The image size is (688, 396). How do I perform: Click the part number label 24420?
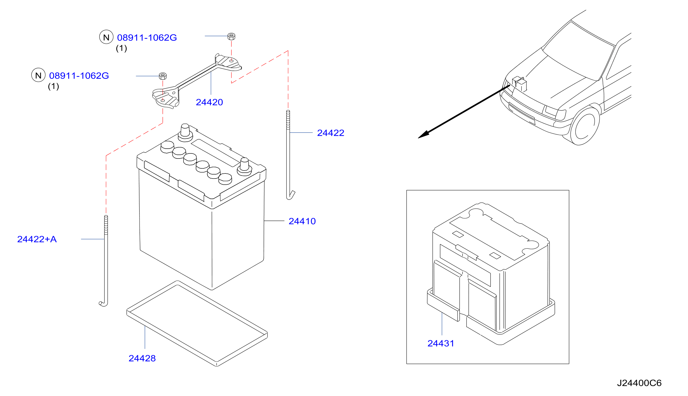209,102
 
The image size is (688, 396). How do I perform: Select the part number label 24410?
302,221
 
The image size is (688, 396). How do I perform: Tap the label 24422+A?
37,239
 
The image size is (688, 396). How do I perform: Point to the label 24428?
142,358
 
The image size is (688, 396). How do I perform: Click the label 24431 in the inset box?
441,343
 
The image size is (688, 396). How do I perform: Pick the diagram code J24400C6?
639,383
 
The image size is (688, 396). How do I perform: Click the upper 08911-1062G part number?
147,38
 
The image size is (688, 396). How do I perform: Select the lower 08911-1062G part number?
79,76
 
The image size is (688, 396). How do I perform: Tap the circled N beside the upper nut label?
106,37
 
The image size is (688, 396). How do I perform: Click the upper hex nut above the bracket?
231,36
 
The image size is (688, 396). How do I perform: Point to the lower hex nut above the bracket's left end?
162,76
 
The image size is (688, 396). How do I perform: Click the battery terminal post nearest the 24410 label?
244,167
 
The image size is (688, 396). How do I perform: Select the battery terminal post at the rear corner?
185,133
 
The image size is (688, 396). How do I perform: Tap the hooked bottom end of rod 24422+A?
104,303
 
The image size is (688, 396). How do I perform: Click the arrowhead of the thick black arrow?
424,134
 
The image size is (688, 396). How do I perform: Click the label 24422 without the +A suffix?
331,133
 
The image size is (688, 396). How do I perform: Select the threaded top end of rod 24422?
288,120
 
